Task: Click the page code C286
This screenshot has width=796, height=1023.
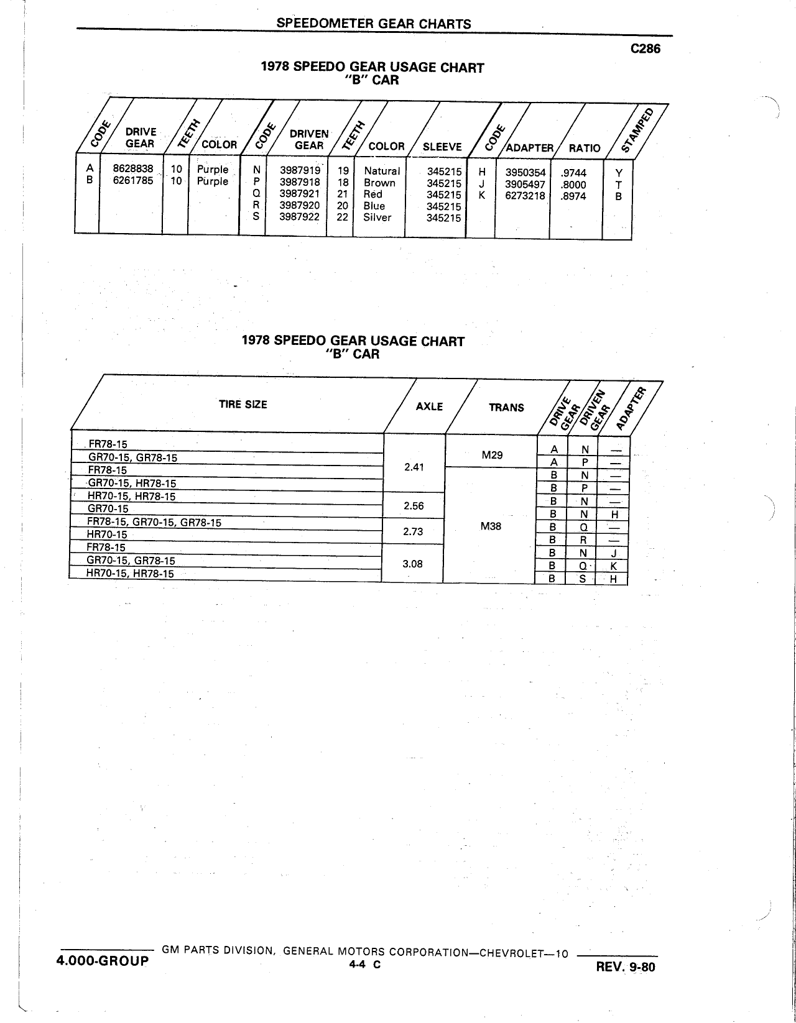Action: tap(646, 48)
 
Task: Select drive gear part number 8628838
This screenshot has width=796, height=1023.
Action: tap(133, 168)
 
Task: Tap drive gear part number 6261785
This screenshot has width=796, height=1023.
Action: tap(133, 180)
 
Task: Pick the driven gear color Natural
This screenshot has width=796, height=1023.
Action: tap(382, 171)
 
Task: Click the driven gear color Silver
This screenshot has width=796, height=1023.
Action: tap(377, 217)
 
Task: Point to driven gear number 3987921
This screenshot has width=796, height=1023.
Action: tap(300, 193)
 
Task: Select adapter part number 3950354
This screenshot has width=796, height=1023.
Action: tap(525, 173)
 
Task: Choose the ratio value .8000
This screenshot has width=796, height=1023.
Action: tap(573, 185)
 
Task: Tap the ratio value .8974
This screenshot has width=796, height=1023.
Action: tap(573, 196)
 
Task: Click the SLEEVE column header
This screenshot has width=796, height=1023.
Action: tap(442, 147)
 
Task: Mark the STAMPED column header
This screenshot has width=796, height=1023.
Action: tap(638, 130)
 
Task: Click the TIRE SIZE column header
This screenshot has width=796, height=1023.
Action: tap(243, 405)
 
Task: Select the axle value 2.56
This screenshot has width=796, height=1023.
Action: tap(414, 506)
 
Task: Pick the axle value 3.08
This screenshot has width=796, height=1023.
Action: tap(412, 564)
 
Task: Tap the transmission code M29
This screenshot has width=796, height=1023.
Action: tap(492, 455)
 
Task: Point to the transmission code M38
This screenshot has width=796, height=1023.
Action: tap(491, 526)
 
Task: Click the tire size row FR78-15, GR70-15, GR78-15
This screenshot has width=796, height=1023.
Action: tap(154, 522)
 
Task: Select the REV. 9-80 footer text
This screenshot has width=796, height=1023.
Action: tap(626, 966)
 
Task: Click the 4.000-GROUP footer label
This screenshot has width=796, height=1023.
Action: tap(103, 961)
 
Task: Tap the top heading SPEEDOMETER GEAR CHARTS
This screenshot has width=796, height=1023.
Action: tap(374, 24)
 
